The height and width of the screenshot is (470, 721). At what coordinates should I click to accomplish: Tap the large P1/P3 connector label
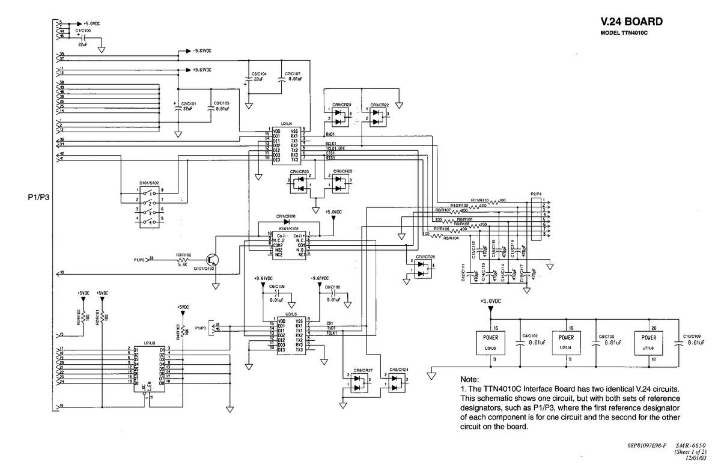[x=38, y=197]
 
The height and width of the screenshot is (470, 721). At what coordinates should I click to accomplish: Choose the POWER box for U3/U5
[x=490, y=342]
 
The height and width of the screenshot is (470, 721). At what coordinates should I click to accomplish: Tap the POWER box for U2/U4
[x=567, y=342]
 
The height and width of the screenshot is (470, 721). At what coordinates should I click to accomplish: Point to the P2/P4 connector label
[x=537, y=194]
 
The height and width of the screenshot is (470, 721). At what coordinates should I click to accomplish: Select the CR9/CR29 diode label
[x=342, y=105]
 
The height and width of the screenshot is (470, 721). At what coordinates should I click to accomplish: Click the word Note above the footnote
[x=469, y=380]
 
